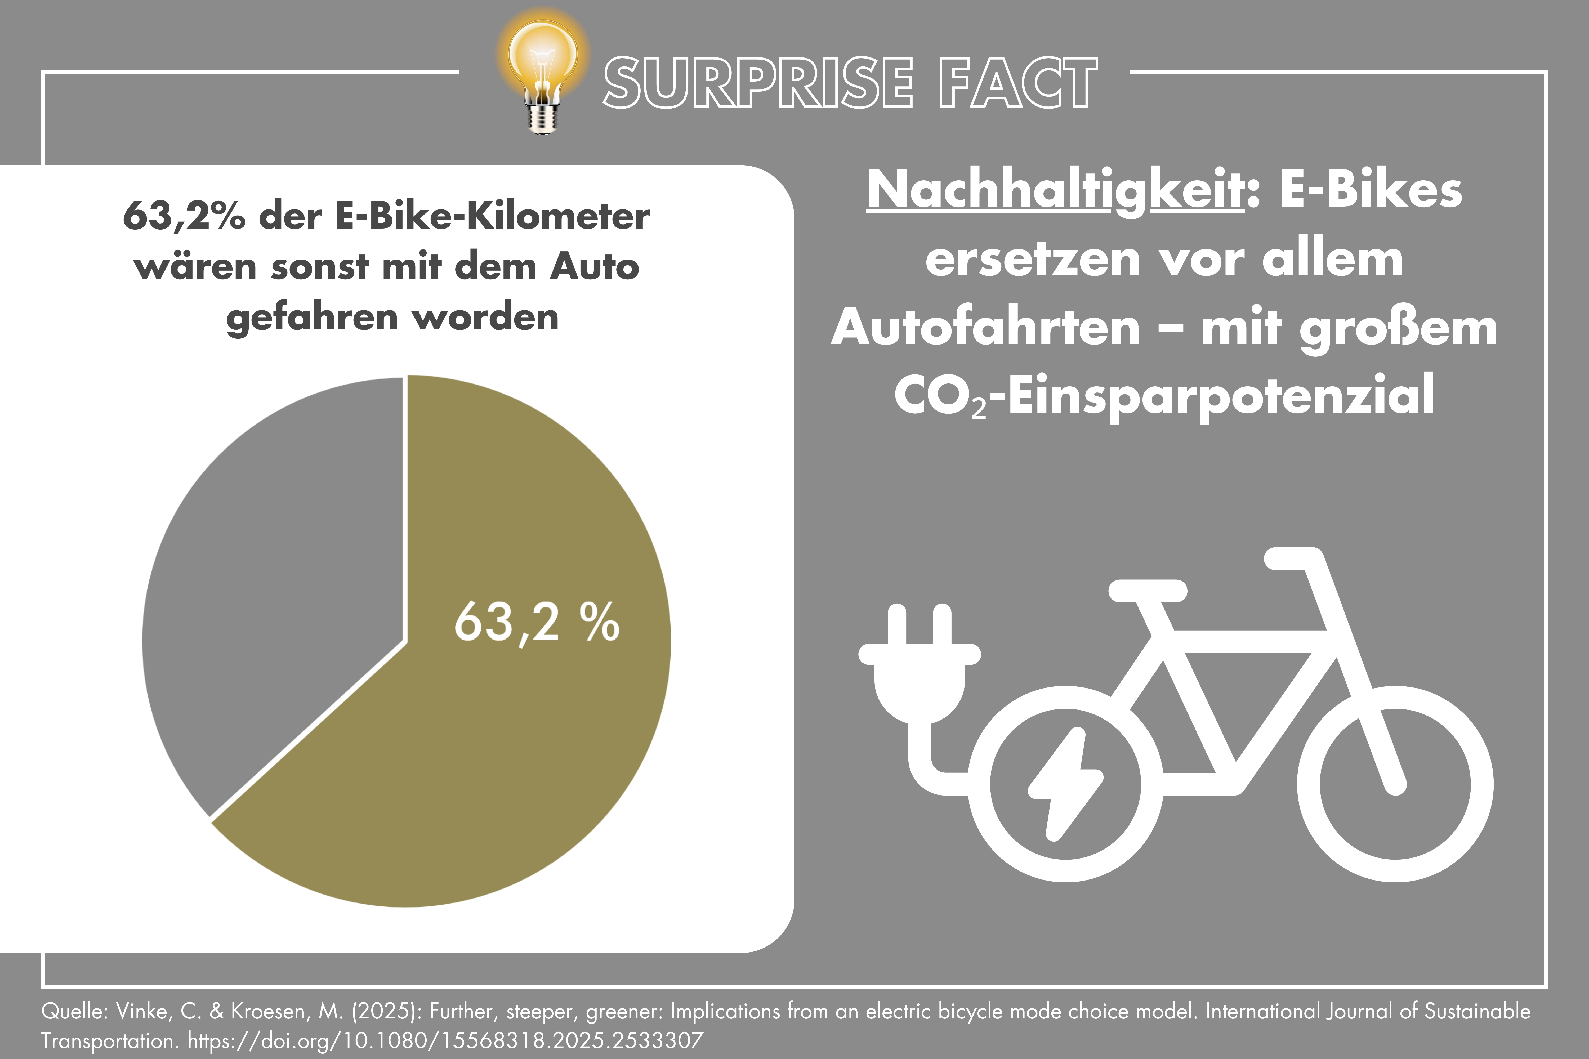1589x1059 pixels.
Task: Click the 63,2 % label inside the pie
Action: [537, 621]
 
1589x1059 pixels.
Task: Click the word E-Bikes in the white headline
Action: [1371, 190]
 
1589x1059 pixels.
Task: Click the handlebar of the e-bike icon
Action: [1293, 558]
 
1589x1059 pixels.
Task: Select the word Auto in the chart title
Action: [594, 267]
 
